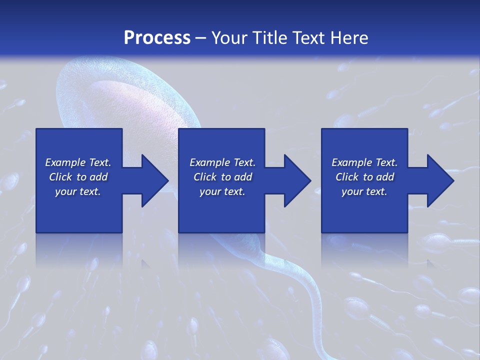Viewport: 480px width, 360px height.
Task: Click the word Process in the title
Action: [157, 38]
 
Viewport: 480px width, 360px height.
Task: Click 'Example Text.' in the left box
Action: [78, 162]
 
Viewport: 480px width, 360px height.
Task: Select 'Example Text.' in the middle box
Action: [222, 162]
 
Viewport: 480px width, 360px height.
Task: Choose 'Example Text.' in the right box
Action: [364, 162]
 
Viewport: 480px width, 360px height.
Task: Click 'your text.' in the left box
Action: [78, 191]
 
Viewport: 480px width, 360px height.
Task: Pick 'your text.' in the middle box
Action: [222, 191]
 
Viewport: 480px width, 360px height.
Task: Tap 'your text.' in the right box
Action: [364, 191]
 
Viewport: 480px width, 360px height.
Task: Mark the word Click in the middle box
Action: [205, 177]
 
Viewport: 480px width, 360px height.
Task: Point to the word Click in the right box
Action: [347, 177]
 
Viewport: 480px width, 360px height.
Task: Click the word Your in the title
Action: [229, 38]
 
